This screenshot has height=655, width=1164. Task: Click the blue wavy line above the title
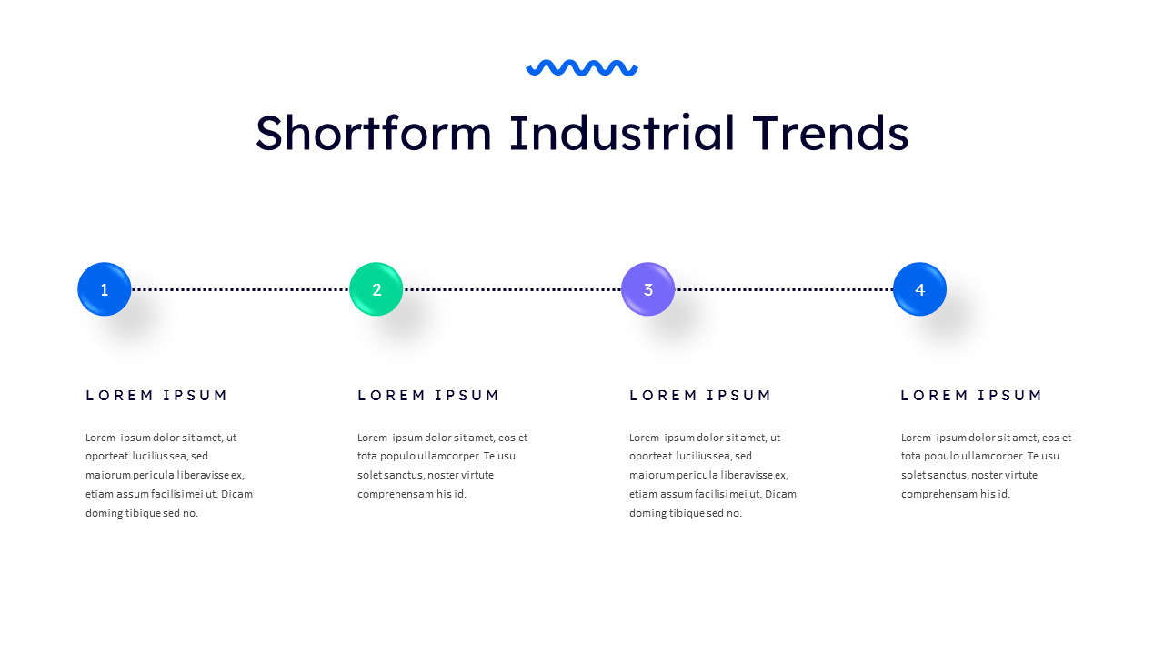[582, 67]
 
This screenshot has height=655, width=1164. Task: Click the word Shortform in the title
[373, 133]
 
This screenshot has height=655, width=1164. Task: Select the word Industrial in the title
[622, 133]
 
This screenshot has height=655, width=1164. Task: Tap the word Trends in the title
[830, 133]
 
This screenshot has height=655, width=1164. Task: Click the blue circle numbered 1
[105, 289]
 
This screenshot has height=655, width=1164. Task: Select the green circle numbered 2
[376, 289]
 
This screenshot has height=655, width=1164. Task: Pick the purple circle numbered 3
[648, 289]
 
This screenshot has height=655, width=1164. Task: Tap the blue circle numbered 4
[919, 289]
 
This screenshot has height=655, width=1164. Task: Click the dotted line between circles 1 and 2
[240, 289]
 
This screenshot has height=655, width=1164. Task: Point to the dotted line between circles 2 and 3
[512, 289]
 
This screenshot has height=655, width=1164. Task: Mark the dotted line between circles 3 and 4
[784, 289]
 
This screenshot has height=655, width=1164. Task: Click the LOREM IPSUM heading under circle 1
[156, 395]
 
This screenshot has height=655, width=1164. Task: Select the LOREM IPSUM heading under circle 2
[428, 395]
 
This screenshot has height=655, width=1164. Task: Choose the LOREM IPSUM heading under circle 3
[700, 395]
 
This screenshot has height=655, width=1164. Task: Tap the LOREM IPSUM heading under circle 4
[971, 395]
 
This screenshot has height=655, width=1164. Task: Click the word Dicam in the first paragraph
[236, 494]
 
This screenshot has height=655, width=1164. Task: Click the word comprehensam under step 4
[938, 494]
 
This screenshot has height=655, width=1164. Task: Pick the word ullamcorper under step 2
[445, 456]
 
